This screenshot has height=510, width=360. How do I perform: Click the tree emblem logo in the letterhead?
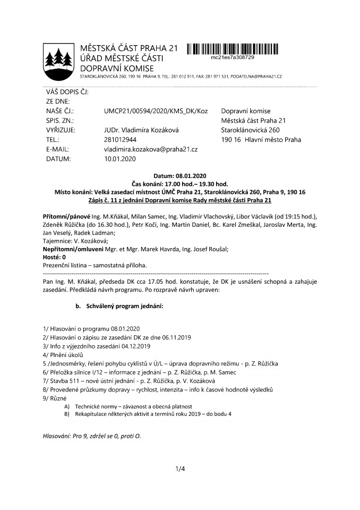pos(57,59)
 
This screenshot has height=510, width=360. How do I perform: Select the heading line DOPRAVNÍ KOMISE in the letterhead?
pos(116,68)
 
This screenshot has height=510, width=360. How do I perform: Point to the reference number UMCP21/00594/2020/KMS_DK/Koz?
pos(156,111)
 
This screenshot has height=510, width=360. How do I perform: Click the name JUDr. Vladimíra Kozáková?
pos(142,130)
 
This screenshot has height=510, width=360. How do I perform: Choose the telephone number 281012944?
pos(122,140)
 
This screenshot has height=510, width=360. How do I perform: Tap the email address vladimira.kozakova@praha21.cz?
pos(151,149)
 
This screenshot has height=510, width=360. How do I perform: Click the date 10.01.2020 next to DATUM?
pos(122,159)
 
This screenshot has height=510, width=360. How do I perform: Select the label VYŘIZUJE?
pos(61,130)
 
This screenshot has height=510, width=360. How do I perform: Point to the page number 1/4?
pos(179,469)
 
